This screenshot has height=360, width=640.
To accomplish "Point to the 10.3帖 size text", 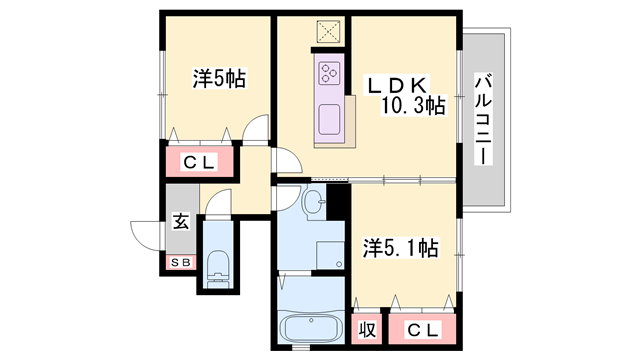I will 412,106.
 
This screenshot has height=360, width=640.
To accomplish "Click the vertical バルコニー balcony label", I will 483,120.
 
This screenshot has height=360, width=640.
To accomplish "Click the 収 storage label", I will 368,328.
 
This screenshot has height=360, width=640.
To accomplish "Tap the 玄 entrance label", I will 181,221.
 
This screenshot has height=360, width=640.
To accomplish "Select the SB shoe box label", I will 181,262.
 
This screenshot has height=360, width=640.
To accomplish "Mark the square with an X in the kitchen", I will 329,32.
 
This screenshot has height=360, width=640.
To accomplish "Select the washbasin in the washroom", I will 314,201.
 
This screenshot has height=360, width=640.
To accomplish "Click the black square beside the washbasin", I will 337,200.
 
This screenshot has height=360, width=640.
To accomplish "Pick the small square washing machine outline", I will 330,256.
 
